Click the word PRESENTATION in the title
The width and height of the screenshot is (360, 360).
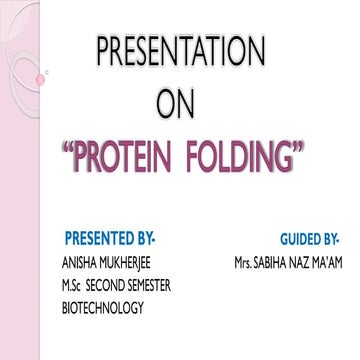pos(181,51)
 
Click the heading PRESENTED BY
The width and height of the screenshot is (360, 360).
pos(110,239)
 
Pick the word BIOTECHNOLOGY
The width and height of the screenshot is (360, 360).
pos(102,307)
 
